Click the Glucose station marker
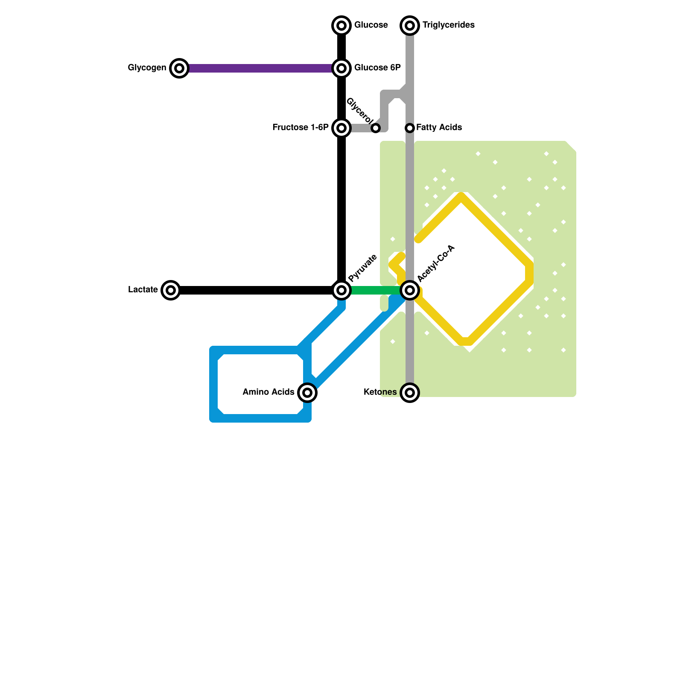341,26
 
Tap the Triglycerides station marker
410,26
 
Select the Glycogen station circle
179,68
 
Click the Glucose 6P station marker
341,68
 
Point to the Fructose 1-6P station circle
341,128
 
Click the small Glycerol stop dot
376,128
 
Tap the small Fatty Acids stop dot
410,128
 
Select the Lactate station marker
171,290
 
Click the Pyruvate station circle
341,290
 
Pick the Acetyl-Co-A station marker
410,290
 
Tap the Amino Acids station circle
307,392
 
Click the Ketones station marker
410,392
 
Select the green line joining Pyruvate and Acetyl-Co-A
376,290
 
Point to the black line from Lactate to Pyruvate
256,290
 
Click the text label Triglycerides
448,25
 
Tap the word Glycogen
147,68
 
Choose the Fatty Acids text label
439,127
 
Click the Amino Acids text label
268,392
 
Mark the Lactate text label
143,290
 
